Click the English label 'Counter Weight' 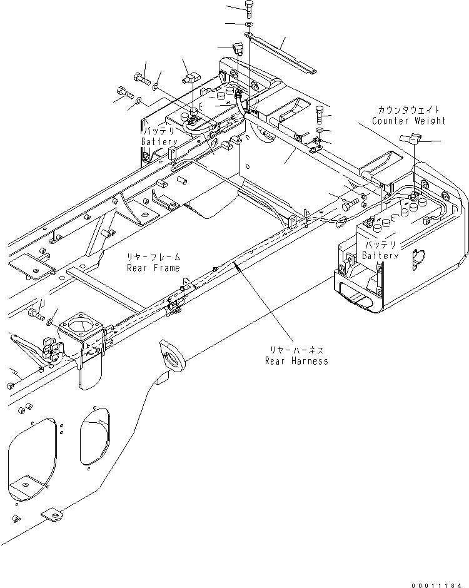[408, 121]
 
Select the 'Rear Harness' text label [296, 361]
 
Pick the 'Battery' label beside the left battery [159, 142]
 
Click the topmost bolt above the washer [249, 9]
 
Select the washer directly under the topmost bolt [249, 24]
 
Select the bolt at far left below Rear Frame [36, 316]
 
